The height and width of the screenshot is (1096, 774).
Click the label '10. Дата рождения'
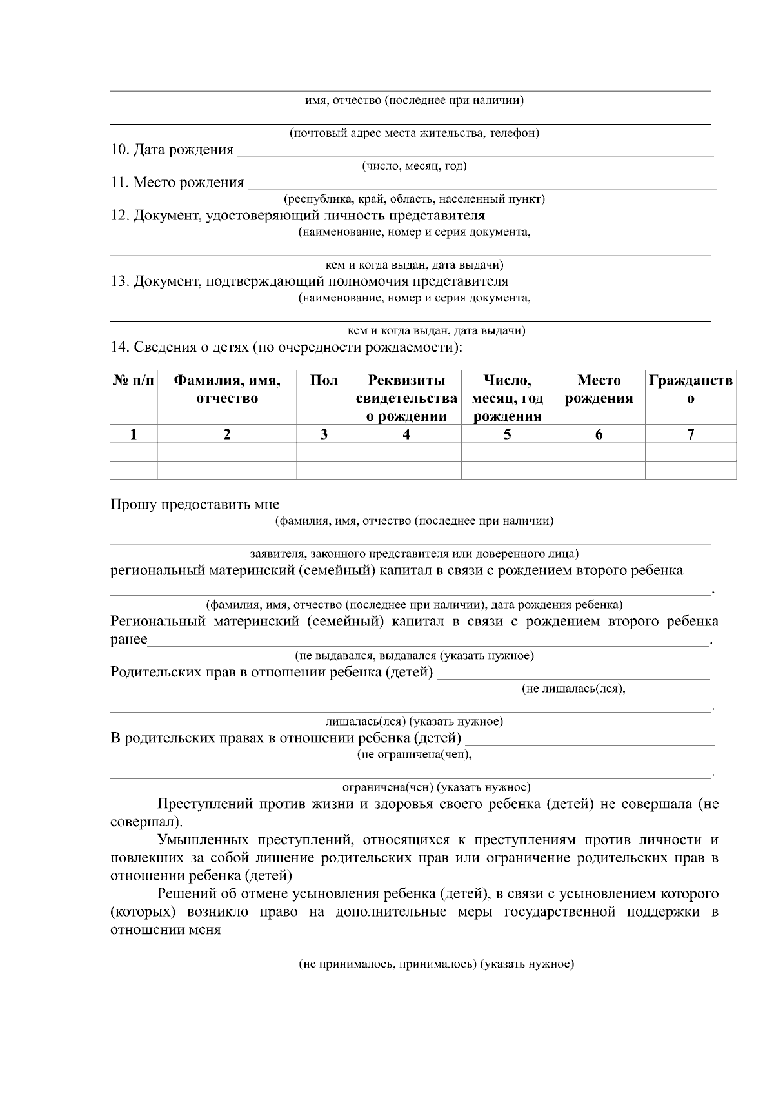coord(172,150)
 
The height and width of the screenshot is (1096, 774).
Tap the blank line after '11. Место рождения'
coord(482,185)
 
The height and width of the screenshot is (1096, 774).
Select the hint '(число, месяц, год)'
coord(414,167)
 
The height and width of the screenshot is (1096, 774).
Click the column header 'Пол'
coord(324,381)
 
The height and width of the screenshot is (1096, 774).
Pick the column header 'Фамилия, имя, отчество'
coord(226,389)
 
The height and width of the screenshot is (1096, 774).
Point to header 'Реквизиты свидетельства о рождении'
coord(406,398)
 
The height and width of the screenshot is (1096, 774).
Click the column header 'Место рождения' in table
coord(599,389)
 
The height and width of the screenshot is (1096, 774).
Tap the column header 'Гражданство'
coord(690,389)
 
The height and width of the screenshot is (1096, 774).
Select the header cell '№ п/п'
coord(134,381)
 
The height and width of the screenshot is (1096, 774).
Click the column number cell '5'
coord(507,434)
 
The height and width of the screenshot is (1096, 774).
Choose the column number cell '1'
coord(134,434)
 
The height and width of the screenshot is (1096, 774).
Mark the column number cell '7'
coord(690,434)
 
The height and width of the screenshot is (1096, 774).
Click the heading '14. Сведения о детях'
coord(286,347)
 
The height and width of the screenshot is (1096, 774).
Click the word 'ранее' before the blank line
coord(129,640)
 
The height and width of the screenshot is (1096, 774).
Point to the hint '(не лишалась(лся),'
coord(573,689)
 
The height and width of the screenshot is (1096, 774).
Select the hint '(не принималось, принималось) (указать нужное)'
coord(436,964)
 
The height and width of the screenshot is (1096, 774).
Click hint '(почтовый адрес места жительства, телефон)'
coord(413,134)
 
